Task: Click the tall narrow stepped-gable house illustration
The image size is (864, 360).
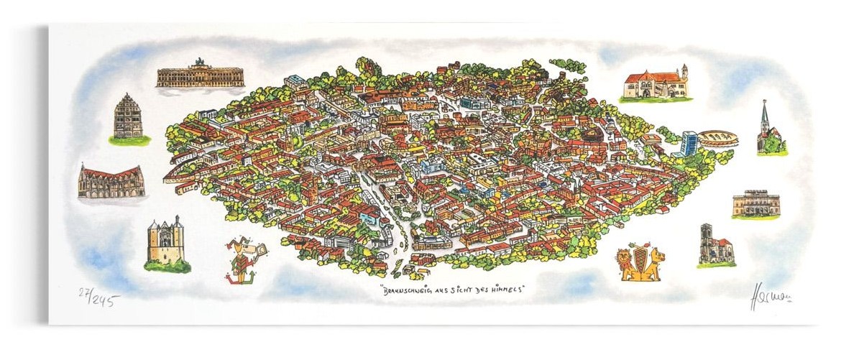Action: pyautogui.click(x=128, y=117)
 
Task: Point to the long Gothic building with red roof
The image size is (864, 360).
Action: pyautogui.click(x=111, y=181)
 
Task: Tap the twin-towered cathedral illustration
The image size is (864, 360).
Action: pyautogui.click(x=166, y=242)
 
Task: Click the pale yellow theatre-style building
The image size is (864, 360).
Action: pyautogui.click(x=755, y=203)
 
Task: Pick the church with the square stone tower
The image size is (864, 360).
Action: pyautogui.click(x=714, y=245)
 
